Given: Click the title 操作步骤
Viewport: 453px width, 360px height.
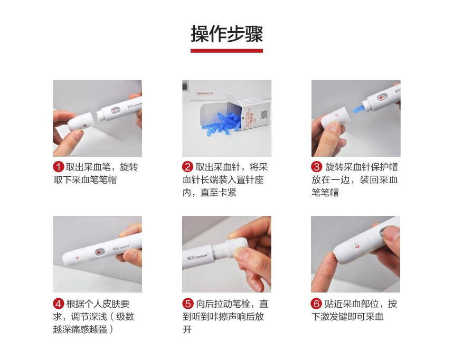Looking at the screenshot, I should [227, 34].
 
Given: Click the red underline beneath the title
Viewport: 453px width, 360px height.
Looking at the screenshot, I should [227, 51].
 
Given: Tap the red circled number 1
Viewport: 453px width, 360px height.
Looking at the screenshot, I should [58, 167].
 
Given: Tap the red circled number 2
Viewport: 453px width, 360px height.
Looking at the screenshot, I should [187, 167].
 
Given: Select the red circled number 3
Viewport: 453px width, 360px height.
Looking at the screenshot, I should [316, 167].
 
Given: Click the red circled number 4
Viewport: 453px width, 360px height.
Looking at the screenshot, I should [58, 304].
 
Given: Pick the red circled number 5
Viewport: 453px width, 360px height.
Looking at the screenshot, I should [187, 304].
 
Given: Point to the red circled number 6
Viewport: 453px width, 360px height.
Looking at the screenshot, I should [316, 304].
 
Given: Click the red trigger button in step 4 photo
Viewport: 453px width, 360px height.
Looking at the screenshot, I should [98, 252].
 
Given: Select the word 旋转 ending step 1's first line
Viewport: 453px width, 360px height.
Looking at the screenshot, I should [129, 167].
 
